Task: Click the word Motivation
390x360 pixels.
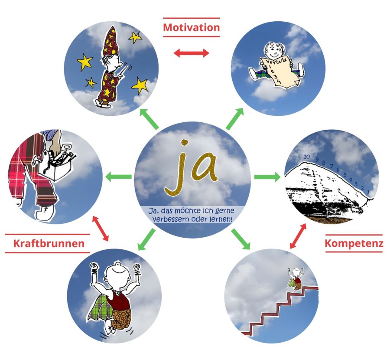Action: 191,28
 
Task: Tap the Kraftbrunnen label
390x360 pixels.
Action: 49,243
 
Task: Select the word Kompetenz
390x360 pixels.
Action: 354,243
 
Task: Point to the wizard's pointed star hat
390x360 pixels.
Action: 111,42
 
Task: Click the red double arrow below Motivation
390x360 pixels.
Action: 191,53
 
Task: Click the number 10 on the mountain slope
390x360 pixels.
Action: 306,157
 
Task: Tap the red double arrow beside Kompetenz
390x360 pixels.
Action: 299,236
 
